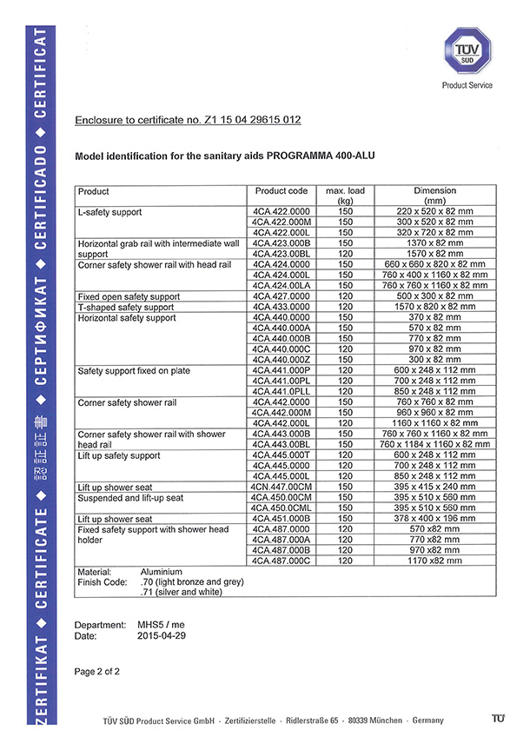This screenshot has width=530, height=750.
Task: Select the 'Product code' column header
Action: pos(282,191)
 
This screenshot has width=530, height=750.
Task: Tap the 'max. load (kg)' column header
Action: pos(345,196)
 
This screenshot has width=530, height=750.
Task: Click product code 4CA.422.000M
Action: pos(282,222)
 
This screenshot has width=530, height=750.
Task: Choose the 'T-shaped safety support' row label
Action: pos(126,307)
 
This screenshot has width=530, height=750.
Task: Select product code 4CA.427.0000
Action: pos(282,296)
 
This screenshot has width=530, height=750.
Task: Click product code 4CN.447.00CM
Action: pos(282,487)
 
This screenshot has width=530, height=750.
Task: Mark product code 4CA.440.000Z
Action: pos(282,360)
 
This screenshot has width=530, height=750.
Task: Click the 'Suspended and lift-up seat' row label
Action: pos(130,497)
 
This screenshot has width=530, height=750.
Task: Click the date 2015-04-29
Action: pos(161,636)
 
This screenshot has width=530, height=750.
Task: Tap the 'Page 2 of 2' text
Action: pos(97,671)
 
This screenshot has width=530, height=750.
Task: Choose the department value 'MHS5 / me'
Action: pos(161,625)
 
